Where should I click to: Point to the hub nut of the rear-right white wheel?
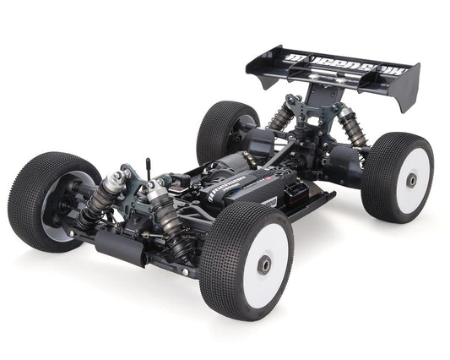click(x=411, y=180)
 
